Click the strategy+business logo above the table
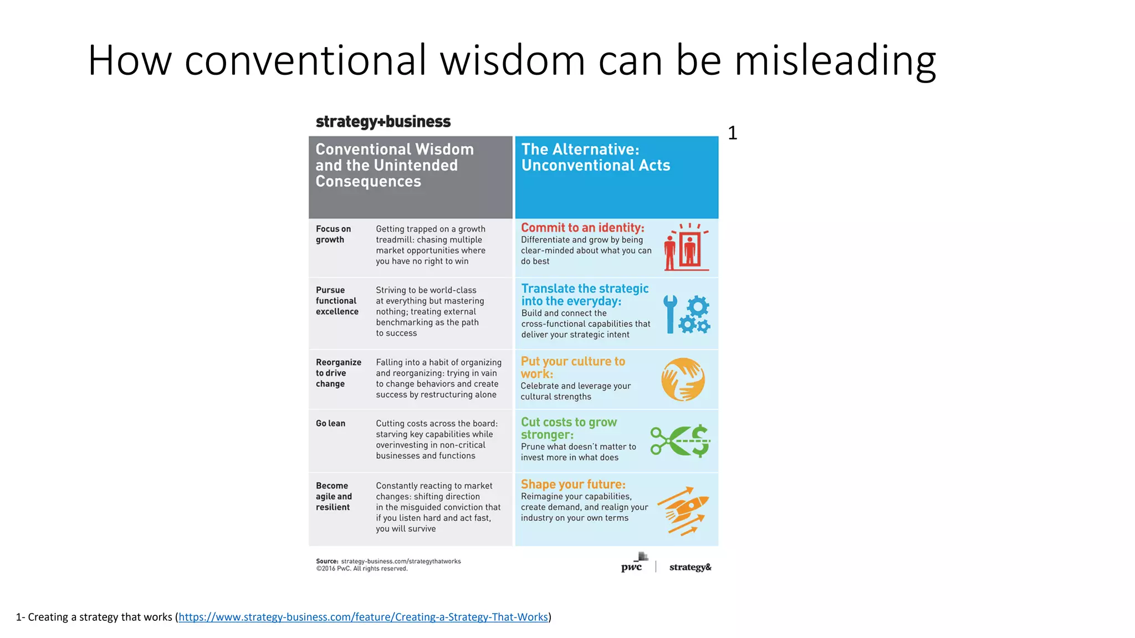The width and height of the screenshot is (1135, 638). point(383,122)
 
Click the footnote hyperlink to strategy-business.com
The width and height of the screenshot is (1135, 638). point(363,617)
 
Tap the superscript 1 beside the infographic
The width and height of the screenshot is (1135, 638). point(732,133)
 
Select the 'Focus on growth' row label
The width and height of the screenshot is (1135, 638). point(333,234)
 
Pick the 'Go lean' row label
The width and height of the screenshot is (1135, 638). point(330,423)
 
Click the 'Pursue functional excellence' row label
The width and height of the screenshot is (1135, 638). point(337,301)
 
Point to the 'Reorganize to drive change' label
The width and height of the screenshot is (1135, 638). point(338,373)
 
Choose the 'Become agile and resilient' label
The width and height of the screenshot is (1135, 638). point(334,496)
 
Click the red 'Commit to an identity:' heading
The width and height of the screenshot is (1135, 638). point(582,228)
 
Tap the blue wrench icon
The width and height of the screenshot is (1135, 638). point(670,313)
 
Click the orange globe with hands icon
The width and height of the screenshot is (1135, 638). point(683,379)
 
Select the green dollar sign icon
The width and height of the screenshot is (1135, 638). point(700,440)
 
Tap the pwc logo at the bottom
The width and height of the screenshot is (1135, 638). point(633,563)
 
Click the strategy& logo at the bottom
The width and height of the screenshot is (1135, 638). point(690,567)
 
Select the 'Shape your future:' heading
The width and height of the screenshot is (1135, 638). point(573,484)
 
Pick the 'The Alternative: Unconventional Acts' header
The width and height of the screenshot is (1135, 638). point(595,157)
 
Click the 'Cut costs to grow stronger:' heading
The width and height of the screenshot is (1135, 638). point(569,428)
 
